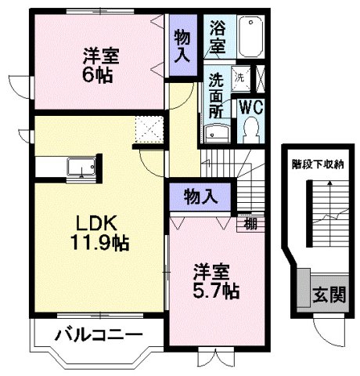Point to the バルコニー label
(99, 336)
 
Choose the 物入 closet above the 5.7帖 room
(200, 196)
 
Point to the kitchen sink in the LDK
(81, 167)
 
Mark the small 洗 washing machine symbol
(240, 78)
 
